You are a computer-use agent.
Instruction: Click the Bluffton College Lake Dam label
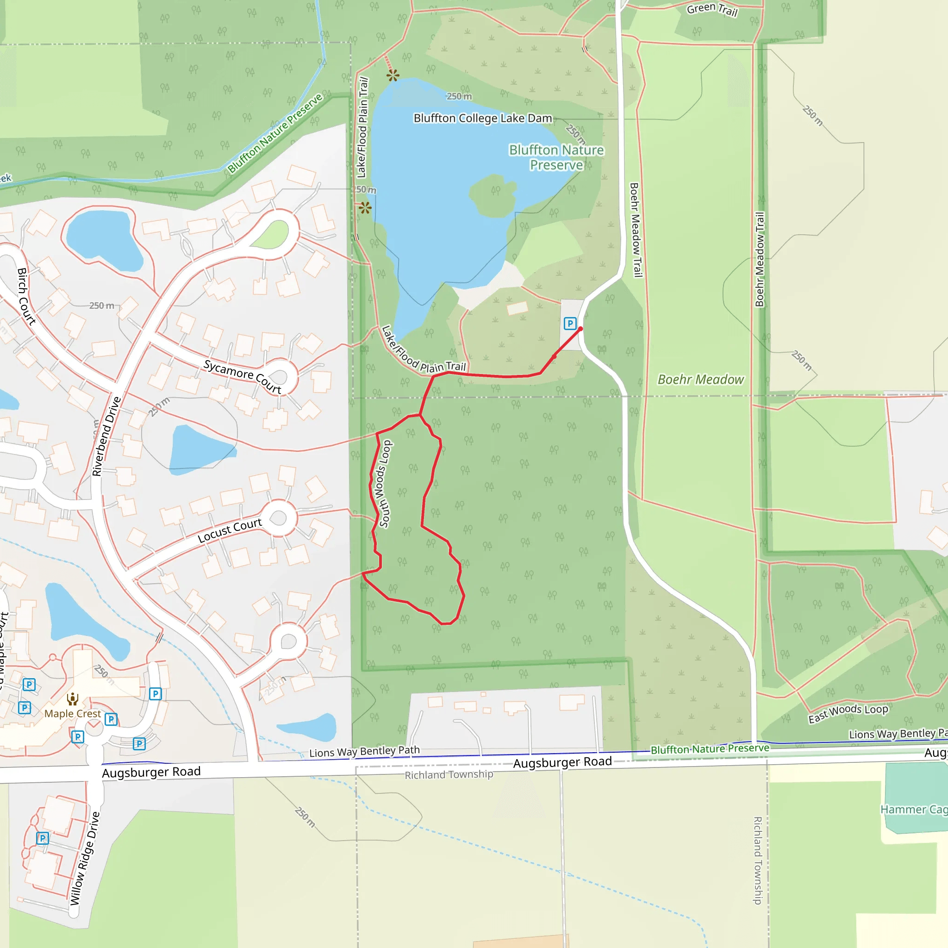[483, 118]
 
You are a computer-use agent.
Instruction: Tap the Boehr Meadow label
[700, 379]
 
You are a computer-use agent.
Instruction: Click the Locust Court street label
[230, 530]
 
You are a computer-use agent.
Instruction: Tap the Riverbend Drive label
[106, 436]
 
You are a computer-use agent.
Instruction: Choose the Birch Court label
[26, 296]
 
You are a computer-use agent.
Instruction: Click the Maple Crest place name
[73, 713]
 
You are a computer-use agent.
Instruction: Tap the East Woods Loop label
[848, 713]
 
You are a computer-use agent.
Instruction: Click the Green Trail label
[712, 9]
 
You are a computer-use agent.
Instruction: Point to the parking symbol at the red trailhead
[570, 324]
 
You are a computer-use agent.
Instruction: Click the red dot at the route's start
[580, 329]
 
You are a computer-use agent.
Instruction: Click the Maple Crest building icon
[73, 699]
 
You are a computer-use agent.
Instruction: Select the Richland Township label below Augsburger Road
[449, 774]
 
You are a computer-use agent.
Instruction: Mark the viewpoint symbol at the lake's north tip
[393, 75]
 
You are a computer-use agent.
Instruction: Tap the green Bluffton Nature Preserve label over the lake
[556, 157]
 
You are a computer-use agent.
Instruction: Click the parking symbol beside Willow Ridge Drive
[43, 838]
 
